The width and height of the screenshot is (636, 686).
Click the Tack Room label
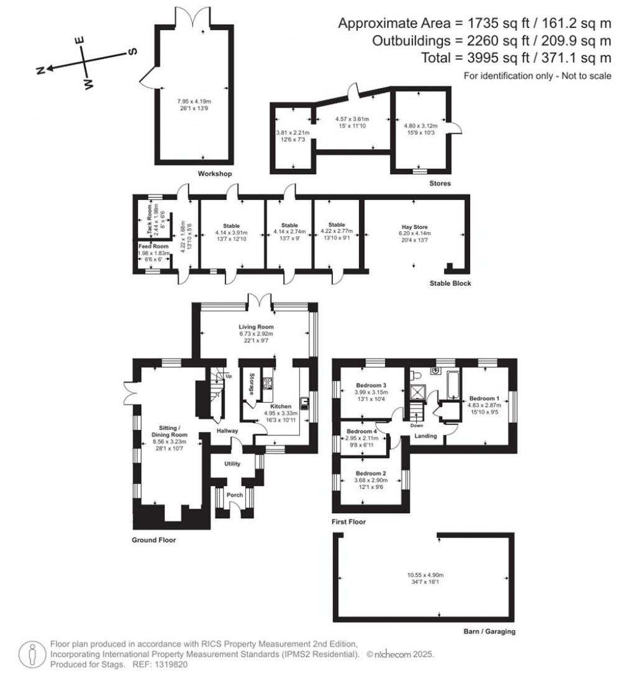150,219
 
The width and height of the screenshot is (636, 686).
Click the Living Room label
257,326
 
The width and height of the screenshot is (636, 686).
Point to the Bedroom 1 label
484,398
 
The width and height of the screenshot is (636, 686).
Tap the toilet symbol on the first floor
415,375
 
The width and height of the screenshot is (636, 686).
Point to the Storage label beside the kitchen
252,385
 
